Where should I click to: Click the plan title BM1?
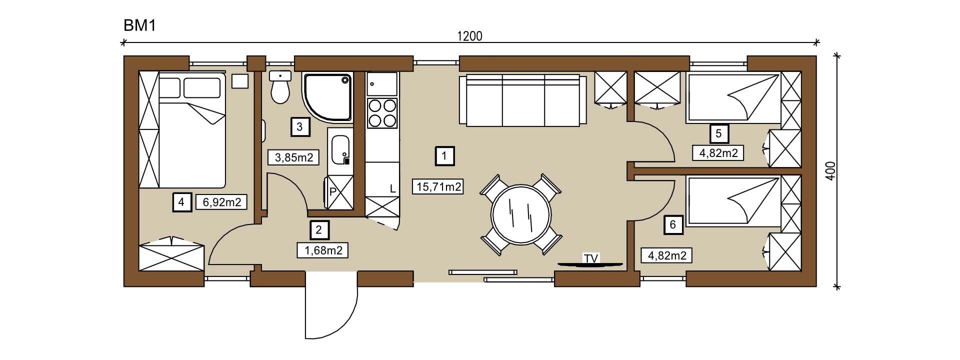coord(140,25)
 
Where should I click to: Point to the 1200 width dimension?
coord(469,36)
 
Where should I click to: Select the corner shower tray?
coord(328,97)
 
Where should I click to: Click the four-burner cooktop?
coord(382,113)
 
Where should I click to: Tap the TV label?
coord(591,258)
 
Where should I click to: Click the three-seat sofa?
coord(523,100)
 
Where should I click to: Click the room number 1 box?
coord(444,156)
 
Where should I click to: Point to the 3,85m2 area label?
coord(294,158)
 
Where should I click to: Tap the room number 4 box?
coord(182,202)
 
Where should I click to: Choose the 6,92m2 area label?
coord(222,202)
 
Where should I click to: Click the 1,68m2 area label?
coord(322,250)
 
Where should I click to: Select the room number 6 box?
coord(673,225)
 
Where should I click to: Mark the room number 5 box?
coord(719,133)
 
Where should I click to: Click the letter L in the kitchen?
coord(392,189)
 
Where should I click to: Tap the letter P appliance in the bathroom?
coord(332,191)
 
